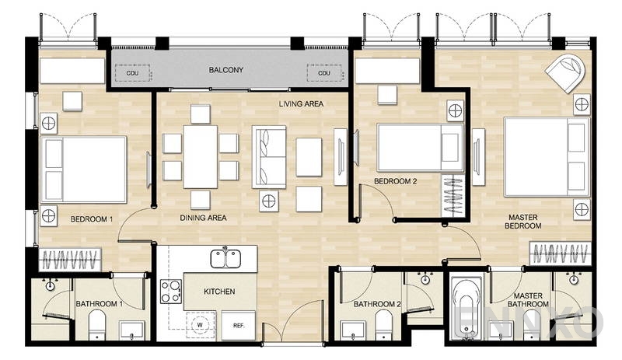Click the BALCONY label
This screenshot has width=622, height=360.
pos(226,70)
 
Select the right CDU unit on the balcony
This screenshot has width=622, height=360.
pos(324,74)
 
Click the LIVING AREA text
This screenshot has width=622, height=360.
pos(301,103)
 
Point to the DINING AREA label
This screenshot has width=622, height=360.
pos(203,218)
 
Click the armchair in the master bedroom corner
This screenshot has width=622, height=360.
pos(565,72)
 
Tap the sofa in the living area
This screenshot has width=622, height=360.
pos(268,155)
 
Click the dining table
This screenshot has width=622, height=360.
pos(201,156)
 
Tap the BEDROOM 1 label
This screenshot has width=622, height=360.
pos(92,219)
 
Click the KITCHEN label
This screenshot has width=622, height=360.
pos(218,292)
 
